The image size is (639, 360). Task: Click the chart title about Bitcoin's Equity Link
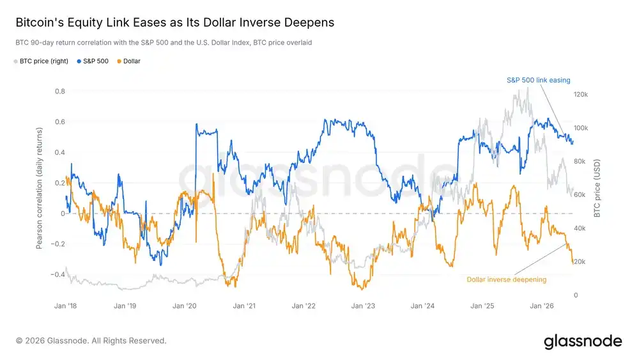(175, 22)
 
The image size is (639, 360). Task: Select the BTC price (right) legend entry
(41, 61)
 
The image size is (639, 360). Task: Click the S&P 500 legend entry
(93, 61)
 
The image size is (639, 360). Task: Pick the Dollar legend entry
(128, 61)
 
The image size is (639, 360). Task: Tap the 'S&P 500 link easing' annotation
(538, 81)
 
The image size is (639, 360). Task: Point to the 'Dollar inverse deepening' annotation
(507, 279)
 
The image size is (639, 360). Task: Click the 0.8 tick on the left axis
(60, 91)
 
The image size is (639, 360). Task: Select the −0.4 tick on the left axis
(58, 274)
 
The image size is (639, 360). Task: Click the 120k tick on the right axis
(581, 95)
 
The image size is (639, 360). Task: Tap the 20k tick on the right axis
(580, 262)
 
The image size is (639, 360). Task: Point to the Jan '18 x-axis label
(66, 306)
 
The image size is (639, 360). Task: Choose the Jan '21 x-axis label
(244, 306)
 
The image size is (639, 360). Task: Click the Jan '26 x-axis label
(542, 306)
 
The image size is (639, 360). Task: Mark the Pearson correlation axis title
(39, 188)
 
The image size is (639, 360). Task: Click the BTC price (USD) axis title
(597, 188)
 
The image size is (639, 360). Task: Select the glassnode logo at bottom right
(583, 341)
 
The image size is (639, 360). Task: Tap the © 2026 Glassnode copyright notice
(91, 341)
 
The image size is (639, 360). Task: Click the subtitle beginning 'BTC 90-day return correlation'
(164, 42)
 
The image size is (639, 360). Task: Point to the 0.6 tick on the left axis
(60, 122)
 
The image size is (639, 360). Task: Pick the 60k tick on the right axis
(580, 195)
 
